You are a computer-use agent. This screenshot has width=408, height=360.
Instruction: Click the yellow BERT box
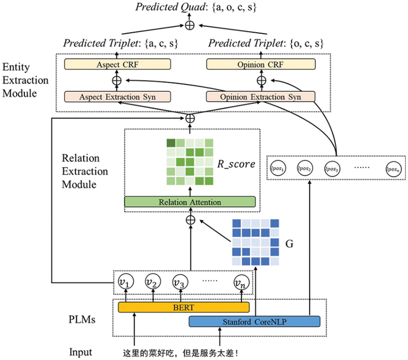(183, 307)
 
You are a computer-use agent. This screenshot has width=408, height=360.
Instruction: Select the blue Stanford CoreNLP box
(254, 321)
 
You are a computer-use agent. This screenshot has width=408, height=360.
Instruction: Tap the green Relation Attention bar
(190, 202)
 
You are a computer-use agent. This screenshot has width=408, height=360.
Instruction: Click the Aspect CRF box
(117, 64)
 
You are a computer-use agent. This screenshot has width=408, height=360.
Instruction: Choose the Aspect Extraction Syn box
(117, 97)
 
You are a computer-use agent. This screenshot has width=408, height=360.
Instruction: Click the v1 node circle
(125, 283)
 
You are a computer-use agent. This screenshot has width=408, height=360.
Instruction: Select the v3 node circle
(180, 283)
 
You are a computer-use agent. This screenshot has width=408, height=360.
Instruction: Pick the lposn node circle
(393, 168)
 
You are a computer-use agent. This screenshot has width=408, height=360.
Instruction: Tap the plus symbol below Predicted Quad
(189, 25)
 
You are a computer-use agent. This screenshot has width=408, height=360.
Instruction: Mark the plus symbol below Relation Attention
(190, 220)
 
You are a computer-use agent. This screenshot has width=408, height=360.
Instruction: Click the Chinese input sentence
(180, 353)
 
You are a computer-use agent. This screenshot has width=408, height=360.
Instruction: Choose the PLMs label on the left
(82, 320)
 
